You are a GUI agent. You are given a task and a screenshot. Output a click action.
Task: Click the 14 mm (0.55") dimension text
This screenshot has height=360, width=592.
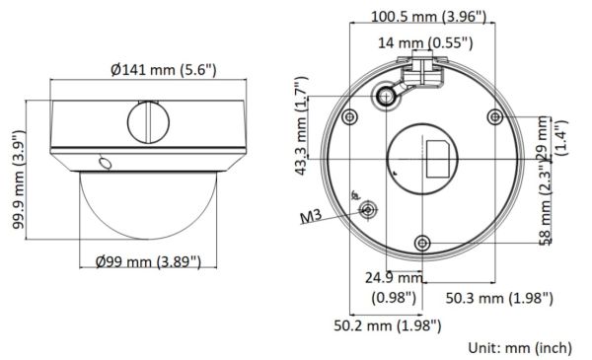[x=427, y=42]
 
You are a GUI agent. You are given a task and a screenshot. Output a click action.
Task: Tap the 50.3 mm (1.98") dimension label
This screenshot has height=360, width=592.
[x=499, y=297]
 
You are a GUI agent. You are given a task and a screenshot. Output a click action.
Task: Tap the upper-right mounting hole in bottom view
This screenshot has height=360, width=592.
[x=494, y=117]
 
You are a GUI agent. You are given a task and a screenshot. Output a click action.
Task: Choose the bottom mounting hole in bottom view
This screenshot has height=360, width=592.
[x=421, y=243]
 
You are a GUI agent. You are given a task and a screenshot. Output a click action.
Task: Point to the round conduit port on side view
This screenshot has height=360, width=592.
[x=145, y=123]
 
